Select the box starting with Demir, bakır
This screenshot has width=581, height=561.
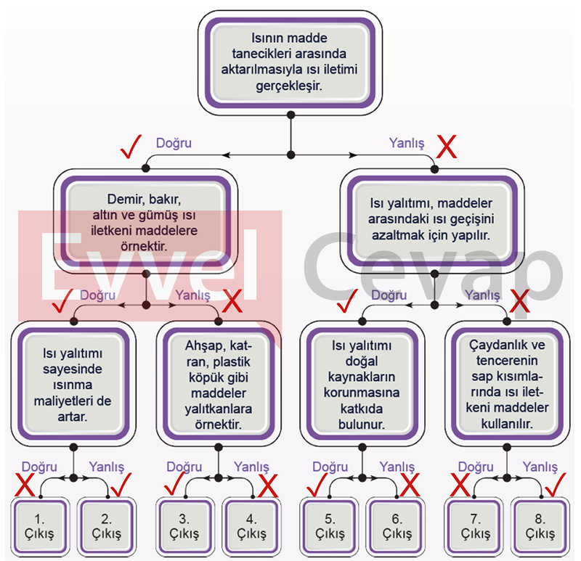point(146,221)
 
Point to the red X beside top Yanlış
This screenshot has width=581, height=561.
point(446,148)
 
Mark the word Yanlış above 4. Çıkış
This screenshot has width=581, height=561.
point(251,467)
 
